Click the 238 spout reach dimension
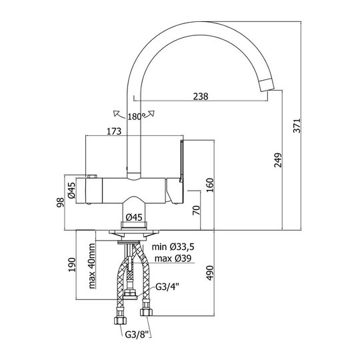[x=201, y=96]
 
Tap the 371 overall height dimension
[x=297, y=125]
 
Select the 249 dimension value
[x=278, y=160]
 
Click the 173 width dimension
[x=114, y=131]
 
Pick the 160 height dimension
[x=210, y=185]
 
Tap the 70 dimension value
[x=197, y=210]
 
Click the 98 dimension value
[x=61, y=202]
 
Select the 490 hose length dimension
[x=210, y=273]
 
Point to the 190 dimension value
[x=72, y=265]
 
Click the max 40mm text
[x=92, y=266]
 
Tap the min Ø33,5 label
[x=173, y=247]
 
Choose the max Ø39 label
[x=173, y=258]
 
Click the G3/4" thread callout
[x=167, y=287]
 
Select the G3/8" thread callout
[x=137, y=334]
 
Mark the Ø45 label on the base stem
[x=134, y=217]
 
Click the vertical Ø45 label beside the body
[x=71, y=190]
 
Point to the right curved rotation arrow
[x=150, y=114]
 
